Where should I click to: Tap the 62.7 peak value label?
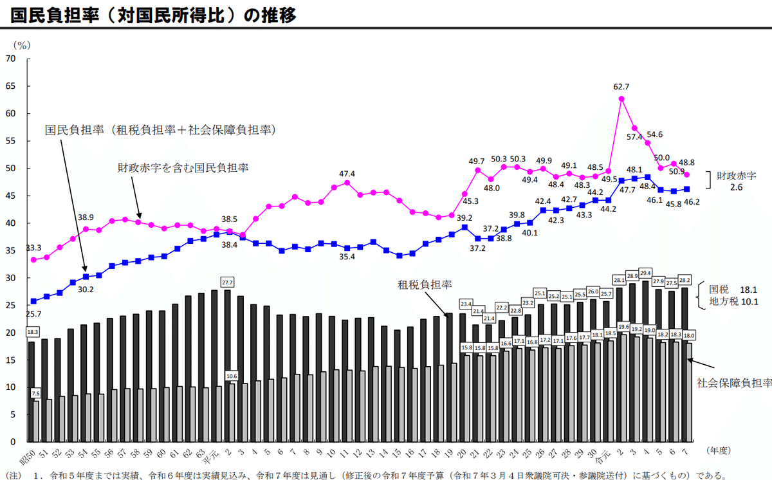click(x=621, y=87)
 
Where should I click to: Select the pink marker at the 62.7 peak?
click(x=621, y=98)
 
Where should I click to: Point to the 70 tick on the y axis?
click(x=11, y=59)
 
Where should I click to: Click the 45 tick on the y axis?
click(x=11, y=196)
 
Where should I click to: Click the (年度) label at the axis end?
click(x=718, y=450)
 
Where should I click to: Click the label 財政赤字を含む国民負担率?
click(x=183, y=168)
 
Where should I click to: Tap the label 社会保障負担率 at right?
click(x=735, y=383)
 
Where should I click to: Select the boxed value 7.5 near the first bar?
click(x=35, y=393)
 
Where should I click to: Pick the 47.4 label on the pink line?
click(x=347, y=174)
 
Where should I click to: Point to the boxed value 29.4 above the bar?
click(x=645, y=272)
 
